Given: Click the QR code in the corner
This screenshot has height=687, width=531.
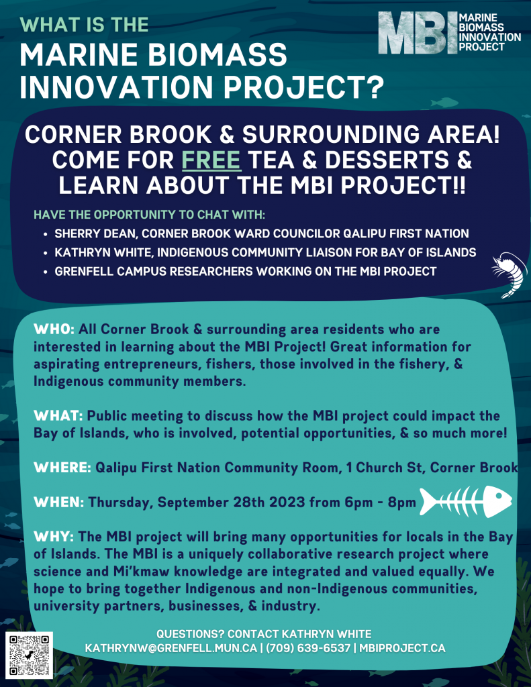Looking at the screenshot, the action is coord(29,655).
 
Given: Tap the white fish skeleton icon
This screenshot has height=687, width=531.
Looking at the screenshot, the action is coord(466,500).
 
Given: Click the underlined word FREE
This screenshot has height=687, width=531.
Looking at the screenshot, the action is coord(211,160).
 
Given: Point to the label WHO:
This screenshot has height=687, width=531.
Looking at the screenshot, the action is coord(54,329).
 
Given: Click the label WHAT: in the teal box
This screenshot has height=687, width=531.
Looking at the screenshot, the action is coord(58,416).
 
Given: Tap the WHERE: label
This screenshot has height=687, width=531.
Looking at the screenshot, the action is coord(62,468).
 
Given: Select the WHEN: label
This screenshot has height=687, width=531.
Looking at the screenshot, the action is coord(59,502).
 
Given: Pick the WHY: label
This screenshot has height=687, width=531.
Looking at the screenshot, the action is coord(54,537).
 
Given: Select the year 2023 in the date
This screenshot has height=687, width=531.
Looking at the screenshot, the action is coord(287,502).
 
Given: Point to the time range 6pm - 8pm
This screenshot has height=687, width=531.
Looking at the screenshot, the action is coord(380,502).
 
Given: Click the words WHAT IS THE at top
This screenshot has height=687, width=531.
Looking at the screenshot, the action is coord(84,25).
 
